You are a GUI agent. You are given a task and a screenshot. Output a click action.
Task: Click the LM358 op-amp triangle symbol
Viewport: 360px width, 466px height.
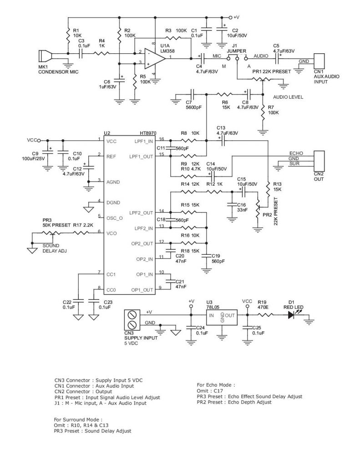(x=155, y=57)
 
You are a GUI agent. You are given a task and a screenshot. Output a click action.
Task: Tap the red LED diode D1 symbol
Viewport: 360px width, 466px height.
(x=292, y=314)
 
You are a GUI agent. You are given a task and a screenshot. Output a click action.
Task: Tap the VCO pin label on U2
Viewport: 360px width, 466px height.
(x=111, y=233)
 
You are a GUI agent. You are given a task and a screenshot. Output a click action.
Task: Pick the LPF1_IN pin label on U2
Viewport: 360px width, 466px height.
(x=144, y=141)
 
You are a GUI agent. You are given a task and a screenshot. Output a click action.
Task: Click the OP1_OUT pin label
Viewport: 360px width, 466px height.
(x=144, y=289)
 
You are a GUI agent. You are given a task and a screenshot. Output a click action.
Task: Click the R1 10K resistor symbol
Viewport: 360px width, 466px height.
(x=68, y=33)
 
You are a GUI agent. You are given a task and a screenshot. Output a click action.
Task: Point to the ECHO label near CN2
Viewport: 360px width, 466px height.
(x=296, y=154)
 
